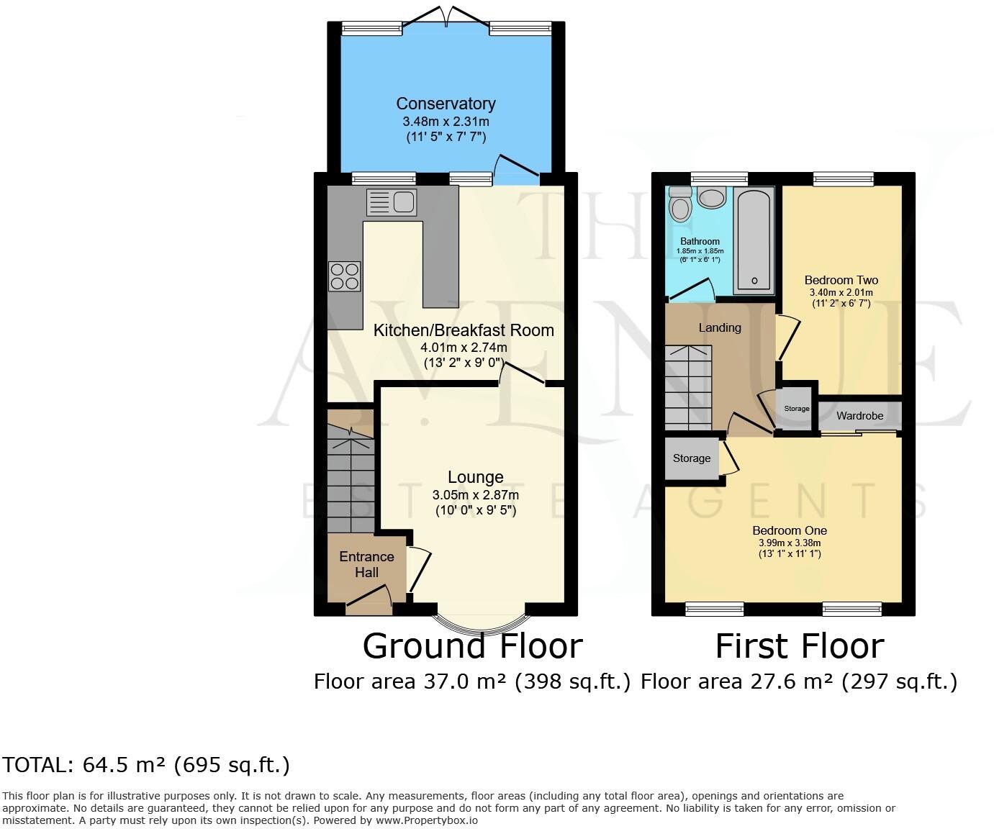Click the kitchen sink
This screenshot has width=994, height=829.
click(x=392, y=202)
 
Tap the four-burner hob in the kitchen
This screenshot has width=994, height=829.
click(x=345, y=276)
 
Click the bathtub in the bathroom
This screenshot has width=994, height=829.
click(x=754, y=240)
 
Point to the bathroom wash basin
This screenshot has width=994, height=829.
click(x=713, y=196)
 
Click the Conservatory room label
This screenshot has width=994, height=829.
click(x=446, y=104)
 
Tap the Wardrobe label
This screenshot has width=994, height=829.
click(x=859, y=416)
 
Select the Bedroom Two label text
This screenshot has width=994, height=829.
click(x=841, y=280)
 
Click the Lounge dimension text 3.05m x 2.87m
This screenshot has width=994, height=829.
click(x=475, y=495)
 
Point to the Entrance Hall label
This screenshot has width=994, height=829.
click(x=366, y=564)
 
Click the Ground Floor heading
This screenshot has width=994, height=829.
click(x=472, y=645)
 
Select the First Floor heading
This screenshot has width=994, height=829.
click(x=799, y=645)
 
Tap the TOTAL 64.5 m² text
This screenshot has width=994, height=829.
click(x=146, y=764)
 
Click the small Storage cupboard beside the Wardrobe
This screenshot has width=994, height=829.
click(x=796, y=409)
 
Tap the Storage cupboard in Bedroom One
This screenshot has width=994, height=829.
click(x=692, y=458)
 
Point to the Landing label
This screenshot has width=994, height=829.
click(x=720, y=327)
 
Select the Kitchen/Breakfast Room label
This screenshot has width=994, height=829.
click(x=464, y=330)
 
